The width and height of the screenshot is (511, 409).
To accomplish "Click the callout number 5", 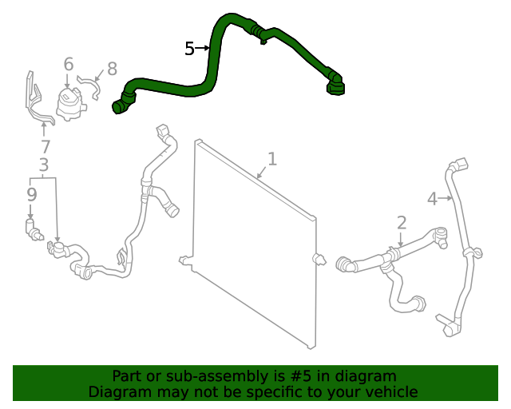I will [x=189, y=50].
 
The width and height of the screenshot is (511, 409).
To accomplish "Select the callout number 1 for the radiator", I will [x=272, y=159].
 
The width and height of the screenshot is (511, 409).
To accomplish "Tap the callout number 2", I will [x=402, y=223].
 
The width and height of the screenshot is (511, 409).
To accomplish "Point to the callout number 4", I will [x=432, y=199].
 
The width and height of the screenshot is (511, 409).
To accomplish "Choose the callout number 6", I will [x=69, y=64].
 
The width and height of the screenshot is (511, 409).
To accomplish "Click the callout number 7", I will [x=46, y=147].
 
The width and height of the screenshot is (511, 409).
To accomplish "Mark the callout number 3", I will [x=44, y=165].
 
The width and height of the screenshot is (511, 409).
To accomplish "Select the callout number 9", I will [x=31, y=194].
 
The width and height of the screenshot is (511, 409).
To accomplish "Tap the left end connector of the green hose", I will [x=121, y=104].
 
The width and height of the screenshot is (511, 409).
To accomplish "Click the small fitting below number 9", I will [x=34, y=232].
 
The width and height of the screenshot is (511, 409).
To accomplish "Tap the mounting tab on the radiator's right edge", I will [x=319, y=260].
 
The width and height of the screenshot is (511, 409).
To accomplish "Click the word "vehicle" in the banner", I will [x=389, y=391].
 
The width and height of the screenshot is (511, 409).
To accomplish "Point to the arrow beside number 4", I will [x=446, y=199].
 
